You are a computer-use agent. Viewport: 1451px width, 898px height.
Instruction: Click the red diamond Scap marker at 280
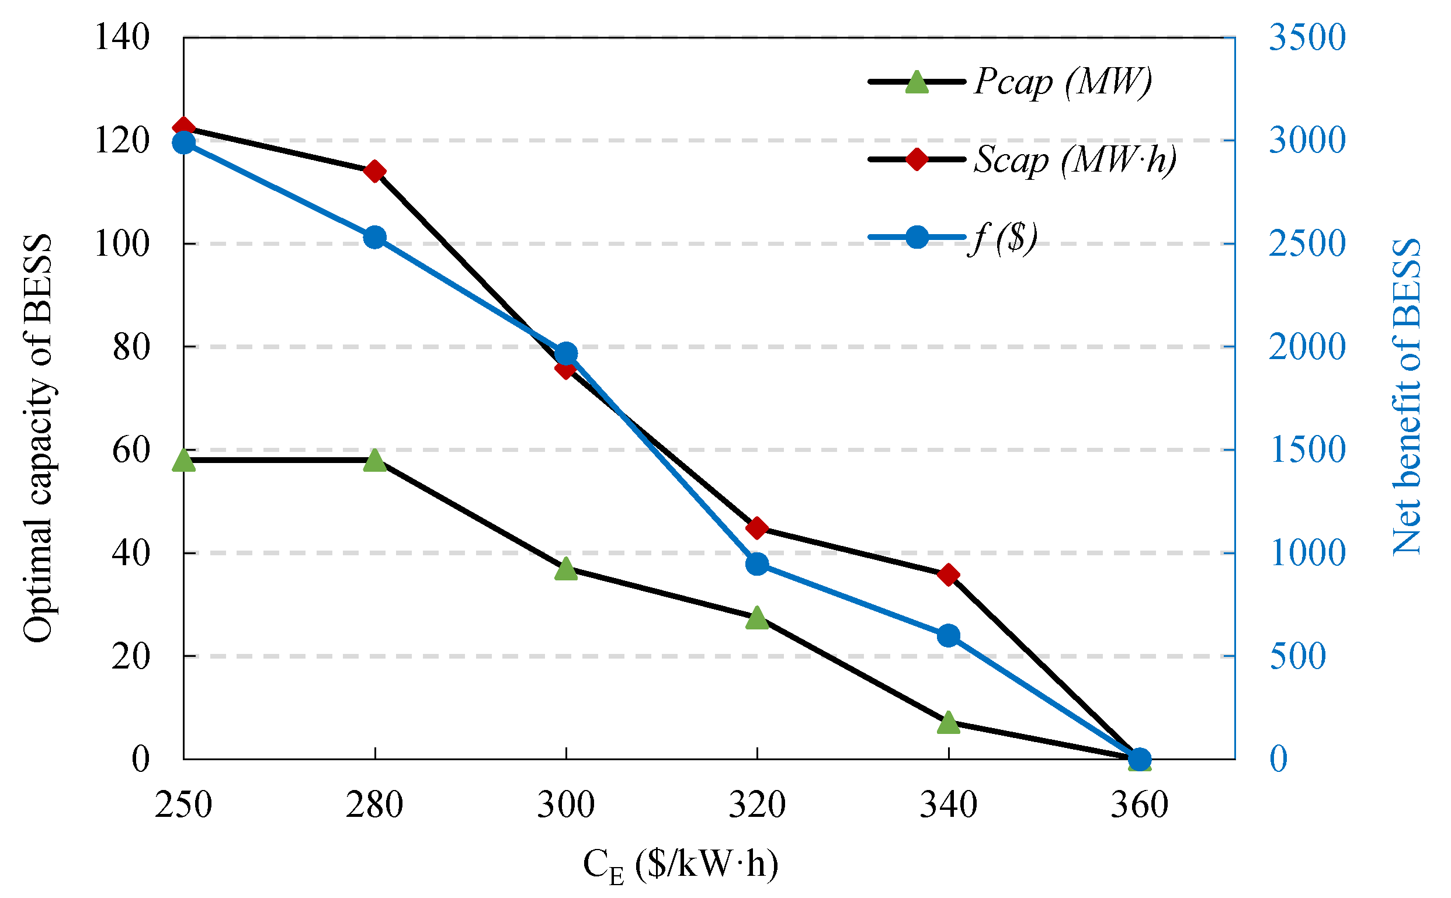point(375,171)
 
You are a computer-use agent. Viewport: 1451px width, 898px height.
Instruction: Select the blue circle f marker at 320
point(757,563)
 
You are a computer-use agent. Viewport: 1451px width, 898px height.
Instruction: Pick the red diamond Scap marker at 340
point(949,575)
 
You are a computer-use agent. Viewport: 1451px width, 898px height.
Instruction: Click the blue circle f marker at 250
point(183,142)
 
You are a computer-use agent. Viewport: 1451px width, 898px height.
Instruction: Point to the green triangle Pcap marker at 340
point(949,722)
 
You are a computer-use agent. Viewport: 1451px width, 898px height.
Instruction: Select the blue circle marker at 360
point(1140,759)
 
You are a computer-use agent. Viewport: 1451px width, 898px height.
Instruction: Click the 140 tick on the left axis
point(122,37)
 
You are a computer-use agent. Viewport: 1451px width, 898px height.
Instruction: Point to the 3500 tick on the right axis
point(1307,37)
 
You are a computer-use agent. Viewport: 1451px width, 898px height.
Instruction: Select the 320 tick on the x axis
point(757,805)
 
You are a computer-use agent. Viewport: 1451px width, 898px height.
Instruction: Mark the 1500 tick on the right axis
point(1307,450)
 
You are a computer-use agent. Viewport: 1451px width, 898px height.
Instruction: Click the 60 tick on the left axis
point(131,450)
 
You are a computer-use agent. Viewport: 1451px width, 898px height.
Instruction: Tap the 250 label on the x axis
point(183,805)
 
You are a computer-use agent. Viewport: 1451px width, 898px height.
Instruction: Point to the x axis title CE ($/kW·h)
point(681,865)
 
